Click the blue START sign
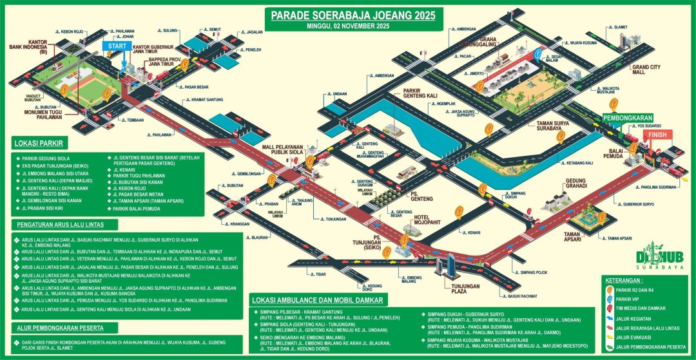[x=117, y=47]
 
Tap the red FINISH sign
[x=657, y=135]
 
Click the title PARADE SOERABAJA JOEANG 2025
[x=352, y=15]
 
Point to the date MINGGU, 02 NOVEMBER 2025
[x=352, y=26]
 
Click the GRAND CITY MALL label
[x=647, y=70]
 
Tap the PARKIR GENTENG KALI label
[x=420, y=93]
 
